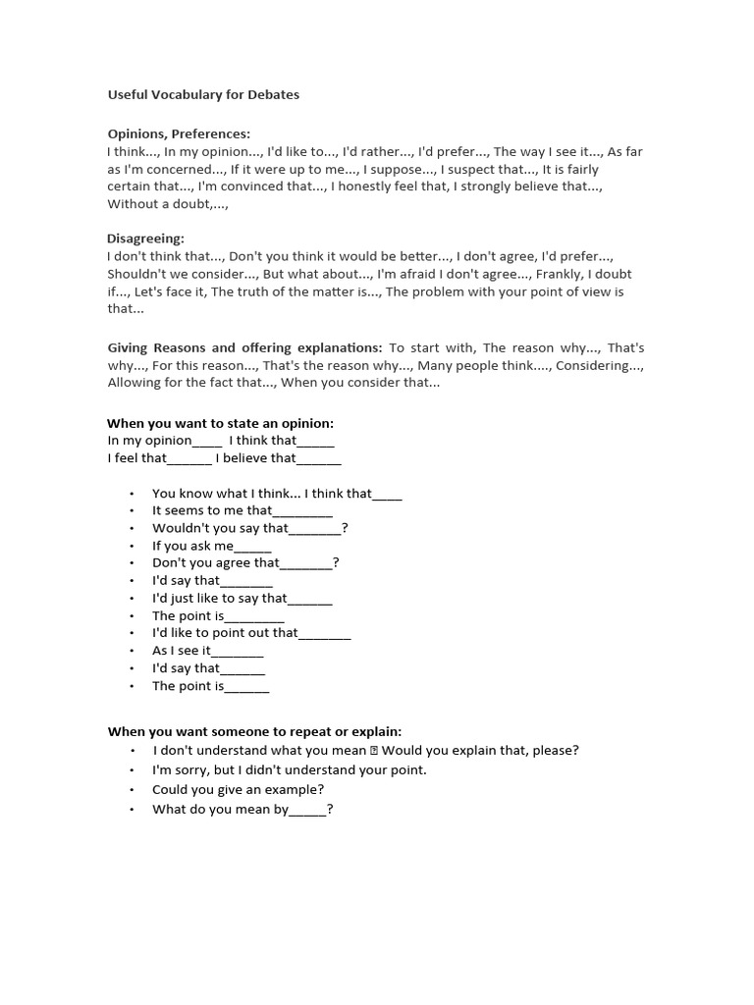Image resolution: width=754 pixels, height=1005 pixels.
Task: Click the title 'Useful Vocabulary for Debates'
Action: (203, 95)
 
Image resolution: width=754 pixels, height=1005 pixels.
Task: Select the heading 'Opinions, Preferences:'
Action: (178, 133)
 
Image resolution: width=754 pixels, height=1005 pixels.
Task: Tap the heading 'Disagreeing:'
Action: (145, 238)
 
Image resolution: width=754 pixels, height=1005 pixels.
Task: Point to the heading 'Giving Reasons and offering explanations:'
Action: (244, 347)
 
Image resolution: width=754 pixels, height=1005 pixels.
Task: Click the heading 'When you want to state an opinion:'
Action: (220, 423)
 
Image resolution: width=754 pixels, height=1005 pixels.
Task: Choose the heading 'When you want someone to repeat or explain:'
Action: (254, 731)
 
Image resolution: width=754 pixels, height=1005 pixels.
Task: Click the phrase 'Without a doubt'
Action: (157, 204)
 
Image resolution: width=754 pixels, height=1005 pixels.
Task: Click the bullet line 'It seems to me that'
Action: (242, 510)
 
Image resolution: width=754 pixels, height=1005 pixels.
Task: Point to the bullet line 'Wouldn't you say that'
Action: (249, 528)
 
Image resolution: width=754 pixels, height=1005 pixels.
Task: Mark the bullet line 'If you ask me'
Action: (211, 546)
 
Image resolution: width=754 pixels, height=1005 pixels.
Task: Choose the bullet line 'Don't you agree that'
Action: (245, 563)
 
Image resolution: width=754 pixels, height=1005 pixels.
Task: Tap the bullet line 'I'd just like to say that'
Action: (242, 598)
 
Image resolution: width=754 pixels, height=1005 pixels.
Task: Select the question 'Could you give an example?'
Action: (238, 789)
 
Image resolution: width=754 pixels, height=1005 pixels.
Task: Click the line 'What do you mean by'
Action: (242, 810)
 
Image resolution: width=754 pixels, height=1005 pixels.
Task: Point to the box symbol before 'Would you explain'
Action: (374, 751)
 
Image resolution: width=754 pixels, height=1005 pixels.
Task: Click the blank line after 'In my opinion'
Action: (207, 441)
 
